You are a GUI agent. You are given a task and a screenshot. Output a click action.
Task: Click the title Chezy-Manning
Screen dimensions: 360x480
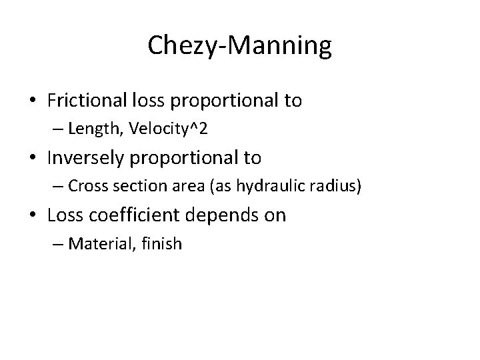click(x=239, y=46)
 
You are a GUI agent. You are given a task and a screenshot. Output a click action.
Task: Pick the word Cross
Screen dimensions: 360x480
click(x=85, y=187)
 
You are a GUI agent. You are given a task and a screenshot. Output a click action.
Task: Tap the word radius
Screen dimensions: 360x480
click(x=337, y=187)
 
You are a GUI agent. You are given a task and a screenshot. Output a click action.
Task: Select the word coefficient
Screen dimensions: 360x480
click(x=134, y=215)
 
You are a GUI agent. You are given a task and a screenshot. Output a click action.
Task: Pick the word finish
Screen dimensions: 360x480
click(x=159, y=244)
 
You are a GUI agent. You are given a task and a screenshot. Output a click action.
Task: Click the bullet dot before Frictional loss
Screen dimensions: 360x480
click(x=33, y=102)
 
